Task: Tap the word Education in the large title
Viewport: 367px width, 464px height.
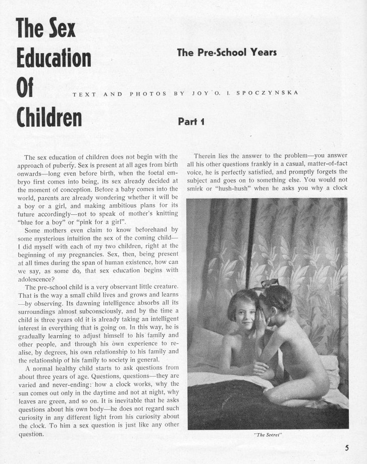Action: click(x=53, y=58)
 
